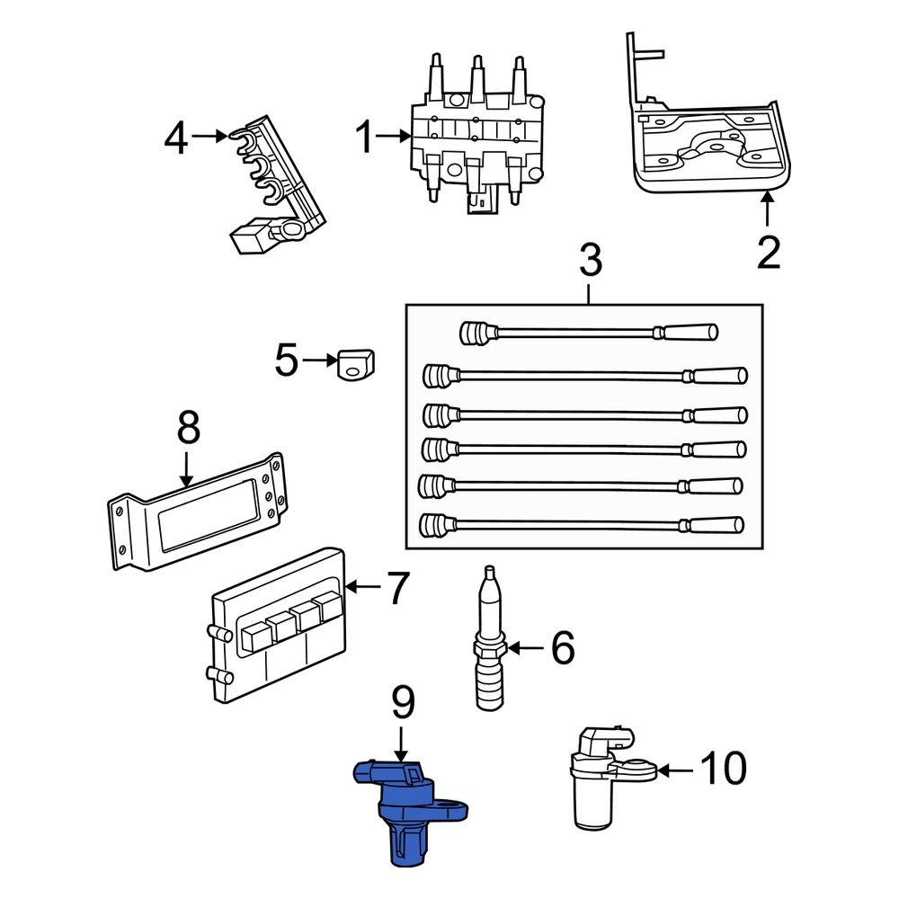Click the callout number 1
point(363,138)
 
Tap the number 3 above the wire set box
point(589,263)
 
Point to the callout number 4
point(177,138)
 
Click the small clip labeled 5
point(356,364)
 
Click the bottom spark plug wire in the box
point(584,523)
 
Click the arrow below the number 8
point(186,470)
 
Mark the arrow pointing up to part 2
point(768,209)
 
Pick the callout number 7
point(397,589)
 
